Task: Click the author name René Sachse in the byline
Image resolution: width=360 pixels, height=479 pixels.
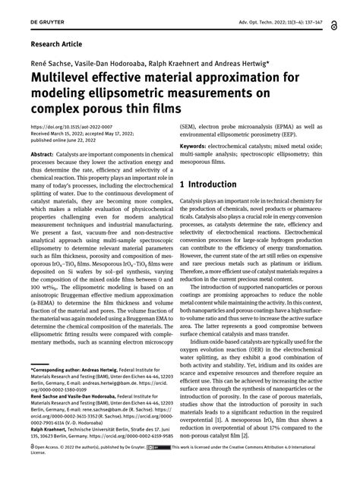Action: click(47, 63)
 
